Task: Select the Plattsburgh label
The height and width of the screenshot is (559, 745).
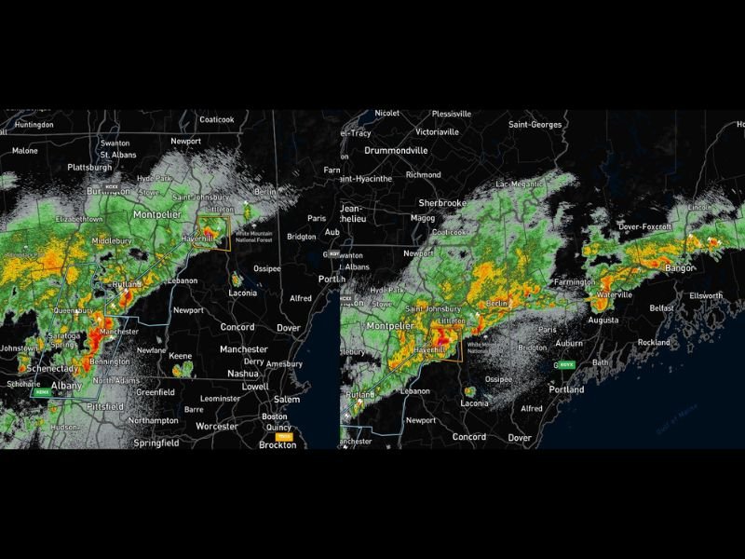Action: tap(89, 168)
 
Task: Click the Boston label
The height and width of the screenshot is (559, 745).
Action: tap(274, 416)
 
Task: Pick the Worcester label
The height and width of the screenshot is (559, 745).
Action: tap(217, 426)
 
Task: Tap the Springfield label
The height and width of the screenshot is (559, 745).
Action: tap(155, 443)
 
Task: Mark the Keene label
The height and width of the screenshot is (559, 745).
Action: tap(181, 356)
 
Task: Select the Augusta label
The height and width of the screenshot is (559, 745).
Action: tap(603, 320)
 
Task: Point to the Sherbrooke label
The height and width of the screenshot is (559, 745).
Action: tap(441, 202)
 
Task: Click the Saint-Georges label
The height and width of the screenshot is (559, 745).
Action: tap(535, 124)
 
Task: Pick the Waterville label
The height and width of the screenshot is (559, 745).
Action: tap(614, 294)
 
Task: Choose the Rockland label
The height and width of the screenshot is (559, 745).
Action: tap(653, 342)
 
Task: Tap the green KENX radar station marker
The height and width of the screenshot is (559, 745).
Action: tap(41, 392)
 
